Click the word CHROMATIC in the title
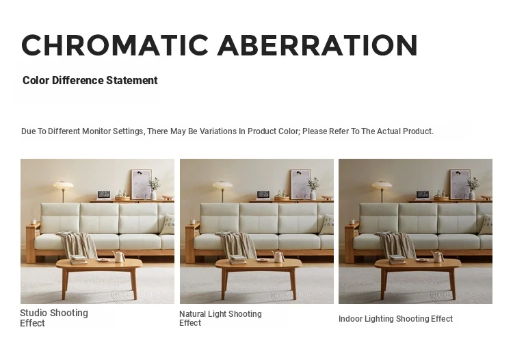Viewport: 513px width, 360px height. pos(115,45)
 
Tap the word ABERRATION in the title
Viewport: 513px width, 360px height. pos(317,45)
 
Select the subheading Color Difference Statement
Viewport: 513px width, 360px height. pos(90,80)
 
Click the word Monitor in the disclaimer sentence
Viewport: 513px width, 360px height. pos(96,131)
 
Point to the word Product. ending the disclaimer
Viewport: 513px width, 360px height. pos(418,131)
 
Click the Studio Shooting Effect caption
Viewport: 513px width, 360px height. pos(54,318)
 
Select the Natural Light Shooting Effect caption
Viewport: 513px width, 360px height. pos(220,318)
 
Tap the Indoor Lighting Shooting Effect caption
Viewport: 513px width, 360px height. pos(395,319)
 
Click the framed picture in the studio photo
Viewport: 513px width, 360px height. pos(142,184)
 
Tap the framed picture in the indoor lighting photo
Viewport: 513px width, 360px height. pos(460,184)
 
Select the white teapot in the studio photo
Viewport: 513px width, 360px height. pos(119,256)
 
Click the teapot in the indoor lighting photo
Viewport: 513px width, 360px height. pos(438,256)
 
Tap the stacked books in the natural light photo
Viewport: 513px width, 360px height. pos(238,259)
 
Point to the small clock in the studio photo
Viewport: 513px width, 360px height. pos(104,195)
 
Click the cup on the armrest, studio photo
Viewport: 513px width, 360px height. pos(34,221)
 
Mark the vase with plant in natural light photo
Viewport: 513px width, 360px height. pos(313,189)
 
